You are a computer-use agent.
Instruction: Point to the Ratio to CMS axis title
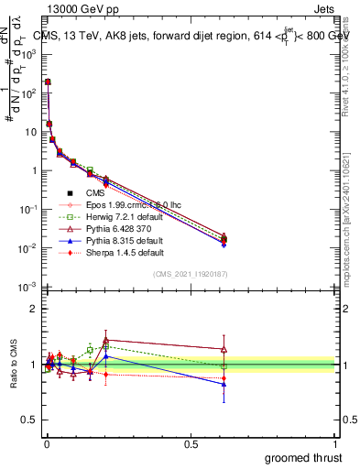point(13,365)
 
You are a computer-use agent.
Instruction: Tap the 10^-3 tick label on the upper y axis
point(29,288)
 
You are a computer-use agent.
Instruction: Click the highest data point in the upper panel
point(47,82)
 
